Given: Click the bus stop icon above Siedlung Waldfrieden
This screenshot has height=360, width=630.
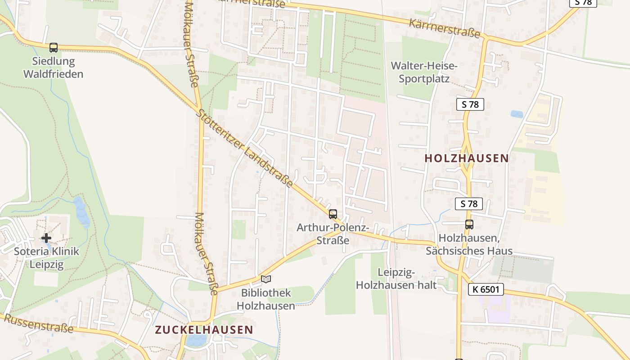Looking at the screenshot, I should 54,47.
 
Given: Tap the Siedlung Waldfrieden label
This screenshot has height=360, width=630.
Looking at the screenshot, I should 54,67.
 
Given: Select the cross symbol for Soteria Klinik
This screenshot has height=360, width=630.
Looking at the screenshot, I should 46,238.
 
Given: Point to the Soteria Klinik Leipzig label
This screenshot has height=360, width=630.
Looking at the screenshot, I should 46,257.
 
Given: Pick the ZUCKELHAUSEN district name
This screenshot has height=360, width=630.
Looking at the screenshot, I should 204,330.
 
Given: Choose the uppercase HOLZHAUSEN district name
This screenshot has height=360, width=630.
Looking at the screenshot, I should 467,158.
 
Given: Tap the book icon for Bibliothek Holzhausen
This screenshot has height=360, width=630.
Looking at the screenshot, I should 266,279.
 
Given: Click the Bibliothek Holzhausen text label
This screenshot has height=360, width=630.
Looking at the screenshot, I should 266,299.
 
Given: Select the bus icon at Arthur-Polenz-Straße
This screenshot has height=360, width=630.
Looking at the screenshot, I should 333,214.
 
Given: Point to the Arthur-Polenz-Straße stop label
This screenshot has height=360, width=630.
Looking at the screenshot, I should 333,234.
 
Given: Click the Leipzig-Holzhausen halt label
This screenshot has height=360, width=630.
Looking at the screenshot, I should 396,279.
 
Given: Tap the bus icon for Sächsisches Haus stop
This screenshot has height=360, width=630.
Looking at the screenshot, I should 469,224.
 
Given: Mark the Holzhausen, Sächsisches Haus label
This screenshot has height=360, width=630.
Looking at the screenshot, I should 469,244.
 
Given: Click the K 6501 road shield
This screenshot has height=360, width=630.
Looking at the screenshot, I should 486,289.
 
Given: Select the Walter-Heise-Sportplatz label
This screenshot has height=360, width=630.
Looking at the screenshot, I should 424,72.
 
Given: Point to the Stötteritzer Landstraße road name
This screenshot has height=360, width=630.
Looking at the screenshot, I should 245,148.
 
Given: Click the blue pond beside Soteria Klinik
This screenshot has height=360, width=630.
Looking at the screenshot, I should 81,211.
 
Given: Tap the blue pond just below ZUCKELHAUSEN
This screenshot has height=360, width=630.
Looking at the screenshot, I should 196,340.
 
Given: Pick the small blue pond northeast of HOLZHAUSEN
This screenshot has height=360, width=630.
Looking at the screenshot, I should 517,114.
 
